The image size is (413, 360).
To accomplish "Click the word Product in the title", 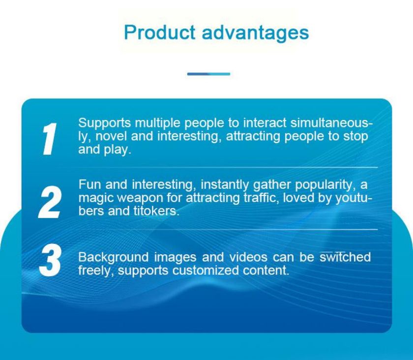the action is pos(159,32).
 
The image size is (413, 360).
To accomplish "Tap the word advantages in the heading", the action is pos(255,33).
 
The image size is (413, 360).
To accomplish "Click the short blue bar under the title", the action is pos(208,74).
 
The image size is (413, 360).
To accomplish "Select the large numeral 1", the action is pos(49,139).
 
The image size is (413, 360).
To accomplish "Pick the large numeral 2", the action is pos(50,202).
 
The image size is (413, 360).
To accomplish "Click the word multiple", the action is pos(158,123).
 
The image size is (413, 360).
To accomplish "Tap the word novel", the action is pos(111,136).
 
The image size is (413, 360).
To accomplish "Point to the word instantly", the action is pos(224,185).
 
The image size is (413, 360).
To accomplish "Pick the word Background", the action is pos(113,258).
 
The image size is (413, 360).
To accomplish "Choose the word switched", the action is pos(345,257).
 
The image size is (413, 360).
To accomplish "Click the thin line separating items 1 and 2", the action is pos(226,167).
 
